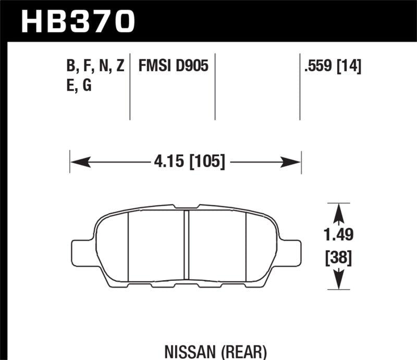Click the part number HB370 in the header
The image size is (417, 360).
pos(78,21)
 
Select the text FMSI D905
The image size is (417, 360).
pos(173,66)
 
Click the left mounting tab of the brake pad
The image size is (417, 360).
pos(78,251)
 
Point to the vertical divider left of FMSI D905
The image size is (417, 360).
pos(130,86)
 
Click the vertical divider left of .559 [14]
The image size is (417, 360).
pos(300,86)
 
